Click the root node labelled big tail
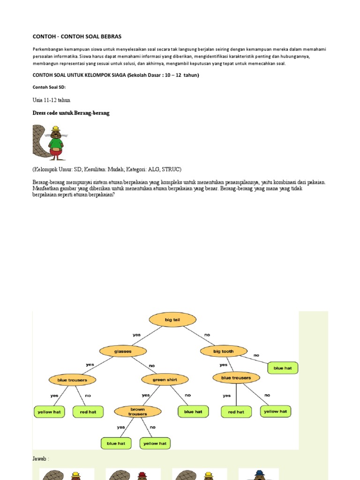(172, 320)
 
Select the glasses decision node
(122, 351)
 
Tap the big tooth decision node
(223, 351)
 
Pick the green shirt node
(165, 379)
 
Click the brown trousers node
(137, 412)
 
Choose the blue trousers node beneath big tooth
(236, 377)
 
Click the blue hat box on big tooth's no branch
(283, 368)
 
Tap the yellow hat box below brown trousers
(155, 443)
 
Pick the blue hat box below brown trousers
(116, 443)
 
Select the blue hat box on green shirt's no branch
(193, 412)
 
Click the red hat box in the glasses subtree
(88, 412)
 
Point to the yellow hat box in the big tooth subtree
(275, 412)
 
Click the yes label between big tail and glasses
(136, 335)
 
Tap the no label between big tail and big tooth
(207, 335)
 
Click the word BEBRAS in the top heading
(110, 36)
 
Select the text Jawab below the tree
(40, 458)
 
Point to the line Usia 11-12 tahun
(51, 100)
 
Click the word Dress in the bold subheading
(40, 113)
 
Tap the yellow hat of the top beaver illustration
(55, 128)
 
